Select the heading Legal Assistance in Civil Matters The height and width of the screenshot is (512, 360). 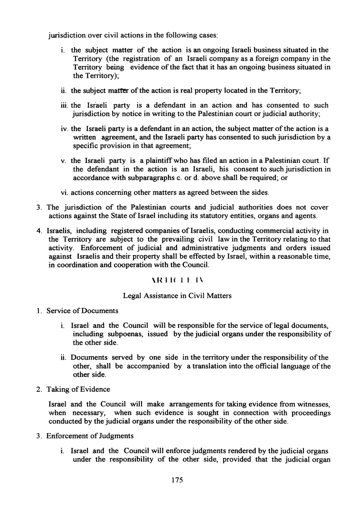(177, 296)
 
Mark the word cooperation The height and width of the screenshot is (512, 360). (131, 264)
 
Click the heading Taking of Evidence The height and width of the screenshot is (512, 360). (79, 389)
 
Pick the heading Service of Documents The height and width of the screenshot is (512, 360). (82, 311)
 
